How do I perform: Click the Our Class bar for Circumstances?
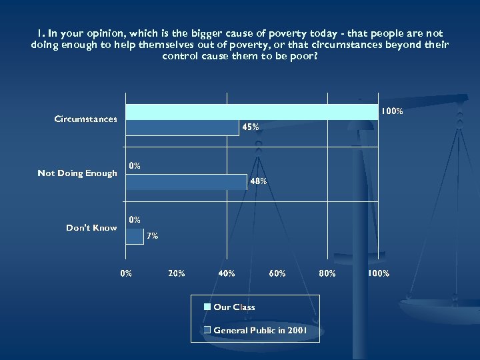[252, 111]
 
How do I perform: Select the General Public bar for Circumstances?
[182, 127]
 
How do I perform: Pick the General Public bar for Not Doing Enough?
[186, 181]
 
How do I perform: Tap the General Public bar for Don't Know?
[135, 236]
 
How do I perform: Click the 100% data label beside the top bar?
[391, 111]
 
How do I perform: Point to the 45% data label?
[251, 127]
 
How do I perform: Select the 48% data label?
[259, 181]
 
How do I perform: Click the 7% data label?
[152, 236]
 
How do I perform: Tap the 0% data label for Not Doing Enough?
[135, 166]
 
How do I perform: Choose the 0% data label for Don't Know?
[135, 219]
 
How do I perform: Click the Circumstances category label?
[85, 119]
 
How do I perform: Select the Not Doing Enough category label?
[77, 173]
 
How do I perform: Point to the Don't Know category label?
[91, 228]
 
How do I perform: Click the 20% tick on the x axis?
[177, 273]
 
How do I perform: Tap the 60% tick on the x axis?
[277, 273]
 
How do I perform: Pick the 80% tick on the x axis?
[327, 273]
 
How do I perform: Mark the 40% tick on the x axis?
[227, 273]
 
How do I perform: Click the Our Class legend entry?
[233, 307]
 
